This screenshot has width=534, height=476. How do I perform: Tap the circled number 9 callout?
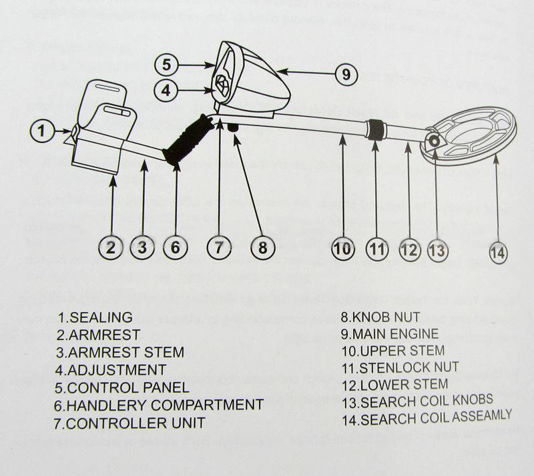tap(345, 74)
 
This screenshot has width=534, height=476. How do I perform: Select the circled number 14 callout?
tap(498, 252)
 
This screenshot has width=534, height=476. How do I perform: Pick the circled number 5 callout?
tap(168, 65)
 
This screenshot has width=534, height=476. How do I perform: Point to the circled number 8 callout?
tap(262, 247)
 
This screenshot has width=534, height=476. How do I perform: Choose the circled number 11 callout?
tap(378, 249)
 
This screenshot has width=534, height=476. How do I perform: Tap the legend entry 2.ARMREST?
tap(98, 335)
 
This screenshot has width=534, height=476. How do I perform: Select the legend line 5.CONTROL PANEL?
tap(122, 387)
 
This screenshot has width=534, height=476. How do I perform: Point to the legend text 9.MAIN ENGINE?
tap(390, 333)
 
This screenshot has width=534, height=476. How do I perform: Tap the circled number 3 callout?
tap(142, 247)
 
